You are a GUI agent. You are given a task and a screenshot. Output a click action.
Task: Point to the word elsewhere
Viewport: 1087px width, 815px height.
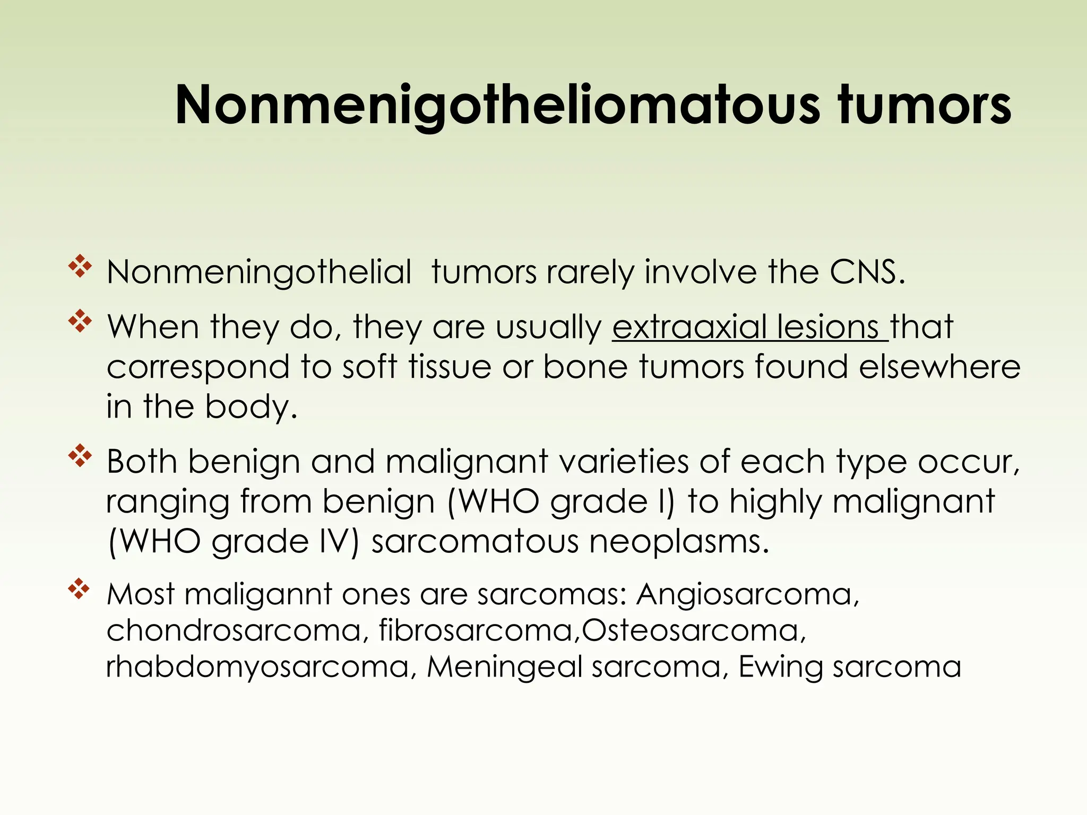939,367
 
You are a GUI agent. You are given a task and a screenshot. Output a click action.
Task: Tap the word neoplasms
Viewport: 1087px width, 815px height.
678,542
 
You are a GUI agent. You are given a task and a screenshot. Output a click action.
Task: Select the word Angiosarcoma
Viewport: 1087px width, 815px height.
747,594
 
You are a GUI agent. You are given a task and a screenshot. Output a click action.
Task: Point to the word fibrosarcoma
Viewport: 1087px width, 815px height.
478,630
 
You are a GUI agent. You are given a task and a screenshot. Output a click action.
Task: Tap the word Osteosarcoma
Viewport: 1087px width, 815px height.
693,630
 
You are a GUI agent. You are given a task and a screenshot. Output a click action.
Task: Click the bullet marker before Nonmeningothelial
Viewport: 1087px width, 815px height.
80,266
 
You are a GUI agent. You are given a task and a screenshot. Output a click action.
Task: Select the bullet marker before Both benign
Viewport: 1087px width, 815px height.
80,456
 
